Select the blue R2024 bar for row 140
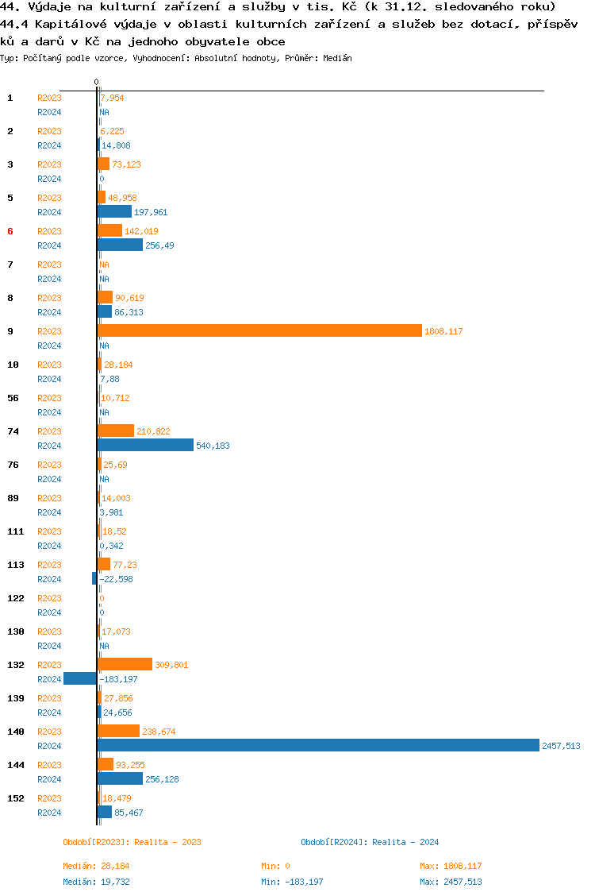pos(318,745)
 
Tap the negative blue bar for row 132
pos(80,678)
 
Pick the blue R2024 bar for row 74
pos(145,445)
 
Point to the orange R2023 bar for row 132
pos(125,664)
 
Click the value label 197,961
pos(151,212)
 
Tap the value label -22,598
pos(116,579)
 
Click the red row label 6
pos(10,231)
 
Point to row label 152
pos(16,798)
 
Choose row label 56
pos(13,398)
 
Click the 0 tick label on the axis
pos(96,82)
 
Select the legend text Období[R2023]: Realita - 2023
pos(132,842)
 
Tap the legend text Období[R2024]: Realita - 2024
pos(370,842)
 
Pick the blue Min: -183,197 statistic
pos(292,882)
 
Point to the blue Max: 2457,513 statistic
pos(451,882)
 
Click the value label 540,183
pos(213,446)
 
